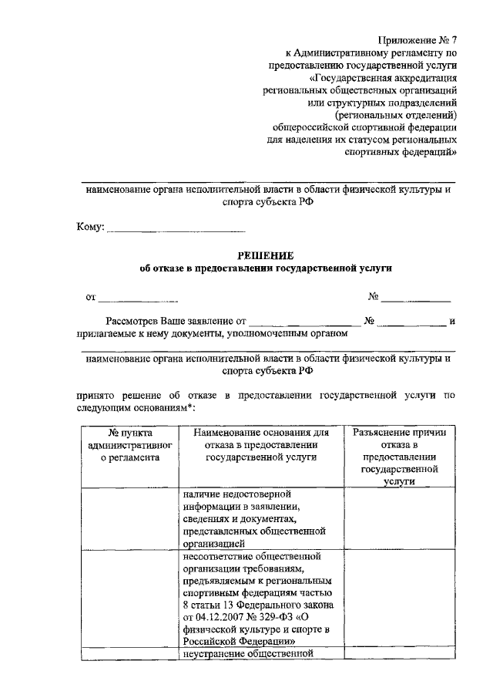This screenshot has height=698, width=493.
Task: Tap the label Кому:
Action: tap(90, 228)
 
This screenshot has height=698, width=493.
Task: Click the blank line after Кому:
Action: tap(175, 229)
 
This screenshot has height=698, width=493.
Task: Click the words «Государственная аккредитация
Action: tap(383, 77)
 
